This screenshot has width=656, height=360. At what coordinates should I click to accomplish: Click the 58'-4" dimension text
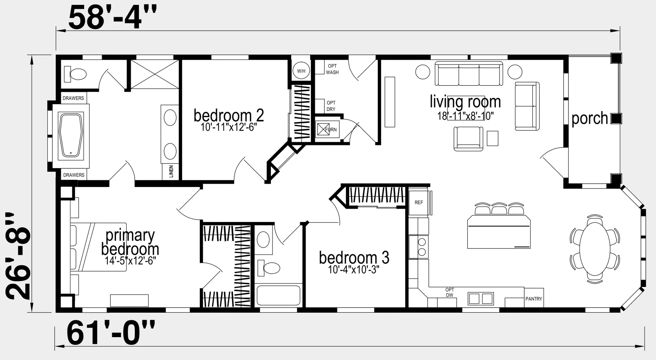coord(112,18)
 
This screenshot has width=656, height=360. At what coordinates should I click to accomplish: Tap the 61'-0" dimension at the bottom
coord(111,333)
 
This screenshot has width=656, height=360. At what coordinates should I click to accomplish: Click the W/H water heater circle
coord(301,71)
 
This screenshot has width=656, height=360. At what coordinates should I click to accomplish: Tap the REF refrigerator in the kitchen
coord(419,202)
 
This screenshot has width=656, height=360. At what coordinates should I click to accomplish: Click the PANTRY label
coord(533,299)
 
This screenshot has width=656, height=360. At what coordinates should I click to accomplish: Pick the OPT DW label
coord(450,292)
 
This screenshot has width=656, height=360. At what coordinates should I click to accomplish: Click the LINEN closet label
coord(171,171)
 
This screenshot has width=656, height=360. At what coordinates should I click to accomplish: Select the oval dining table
coord(595,249)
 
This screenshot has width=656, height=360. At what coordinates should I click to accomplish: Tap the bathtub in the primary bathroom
coord(71,136)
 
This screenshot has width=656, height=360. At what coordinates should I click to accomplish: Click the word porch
coord(589,118)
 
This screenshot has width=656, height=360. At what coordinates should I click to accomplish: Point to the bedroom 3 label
coord(354,258)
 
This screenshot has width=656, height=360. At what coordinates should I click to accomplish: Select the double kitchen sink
coord(481,298)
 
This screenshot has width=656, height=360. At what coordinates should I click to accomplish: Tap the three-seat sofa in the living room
coord(469,73)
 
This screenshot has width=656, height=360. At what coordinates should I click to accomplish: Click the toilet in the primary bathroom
coord(75,74)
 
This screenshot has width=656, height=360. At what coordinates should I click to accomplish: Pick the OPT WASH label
coord(332,69)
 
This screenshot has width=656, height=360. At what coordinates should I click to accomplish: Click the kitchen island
coord(499,232)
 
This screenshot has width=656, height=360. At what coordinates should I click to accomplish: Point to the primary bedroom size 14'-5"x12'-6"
coord(130,260)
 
